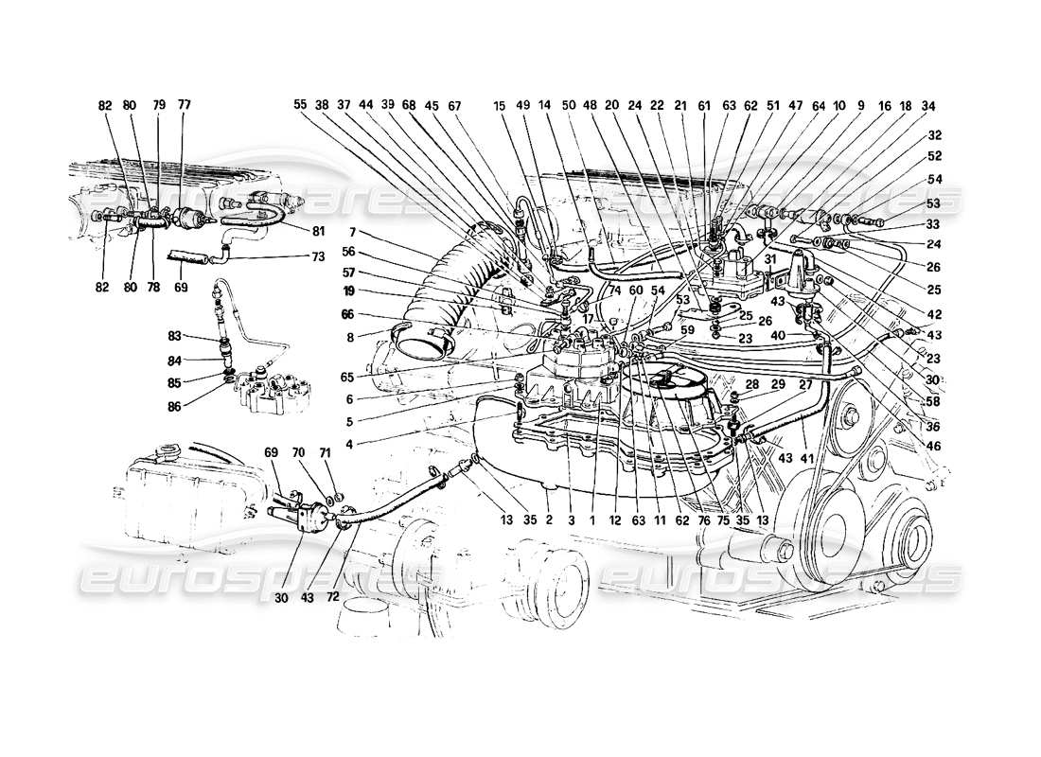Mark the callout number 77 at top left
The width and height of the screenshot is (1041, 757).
(184, 106)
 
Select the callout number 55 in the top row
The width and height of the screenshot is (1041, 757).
(301, 106)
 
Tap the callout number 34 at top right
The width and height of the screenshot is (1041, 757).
(928, 106)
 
